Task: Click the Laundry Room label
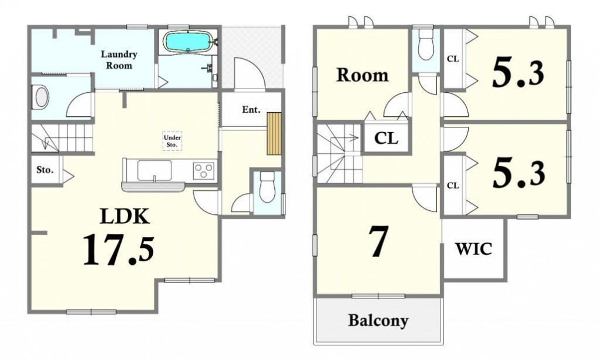coord(119,60)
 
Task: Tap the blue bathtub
coord(187,41)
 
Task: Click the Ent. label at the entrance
coord(251,110)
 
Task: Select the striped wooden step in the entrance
coord(274,133)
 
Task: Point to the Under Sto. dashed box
coord(172,141)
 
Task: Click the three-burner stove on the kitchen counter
coord(204,170)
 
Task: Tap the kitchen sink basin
coord(154,171)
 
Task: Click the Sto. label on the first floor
coord(45,170)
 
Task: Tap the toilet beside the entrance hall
coord(267,187)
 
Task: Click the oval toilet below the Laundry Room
coord(42,97)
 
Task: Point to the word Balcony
coord(378,320)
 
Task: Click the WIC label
coord(474,249)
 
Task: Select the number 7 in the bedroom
coord(378,241)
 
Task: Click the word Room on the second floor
coord(362,75)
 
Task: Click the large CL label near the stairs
coord(386,138)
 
